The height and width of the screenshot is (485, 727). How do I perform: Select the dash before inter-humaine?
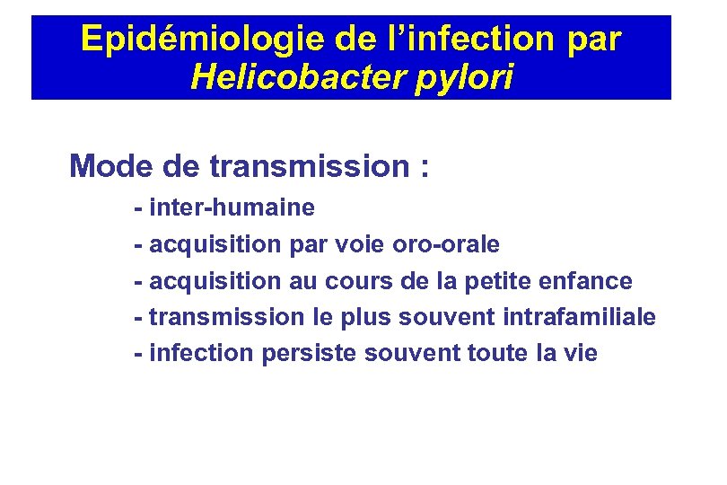[x=138, y=209]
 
